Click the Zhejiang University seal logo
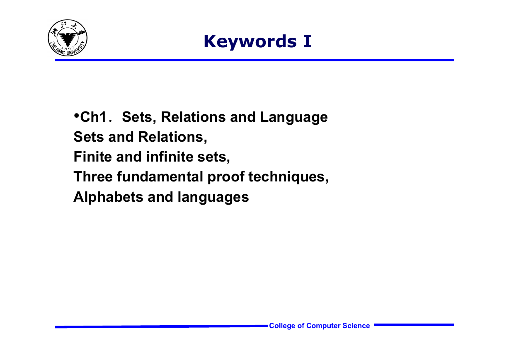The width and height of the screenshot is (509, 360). pyautogui.click(x=68, y=38)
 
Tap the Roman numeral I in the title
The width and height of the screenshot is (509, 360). pyautogui.click(x=307, y=41)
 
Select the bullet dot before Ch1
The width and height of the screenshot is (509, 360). pyautogui.click(x=77, y=116)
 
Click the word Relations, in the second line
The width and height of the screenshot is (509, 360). pyautogui.click(x=173, y=137)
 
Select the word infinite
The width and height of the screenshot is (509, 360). pyautogui.click(x=170, y=157)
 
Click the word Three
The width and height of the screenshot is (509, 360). pyautogui.click(x=93, y=177)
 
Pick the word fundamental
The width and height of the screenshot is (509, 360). pyautogui.click(x=160, y=177)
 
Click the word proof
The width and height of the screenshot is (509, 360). pyautogui.click(x=226, y=177)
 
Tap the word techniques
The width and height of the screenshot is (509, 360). pyautogui.click(x=288, y=177)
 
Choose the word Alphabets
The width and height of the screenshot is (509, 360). pyautogui.click(x=108, y=197)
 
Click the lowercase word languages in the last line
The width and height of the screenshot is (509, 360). pyautogui.click(x=213, y=197)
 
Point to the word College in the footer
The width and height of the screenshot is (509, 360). pyautogui.click(x=282, y=326)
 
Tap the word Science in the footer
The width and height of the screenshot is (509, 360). pyautogui.click(x=356, y=326)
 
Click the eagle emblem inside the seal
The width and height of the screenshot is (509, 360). pyautogui.click(x=68, y=39)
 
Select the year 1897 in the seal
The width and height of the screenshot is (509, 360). pyautogui.click(x=68, y=48)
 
